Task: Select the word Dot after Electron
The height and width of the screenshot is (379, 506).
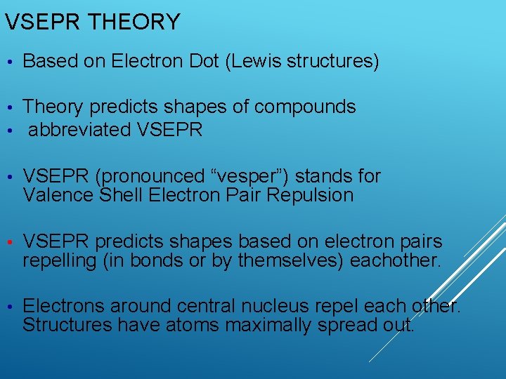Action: click(x=205, y=62)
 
